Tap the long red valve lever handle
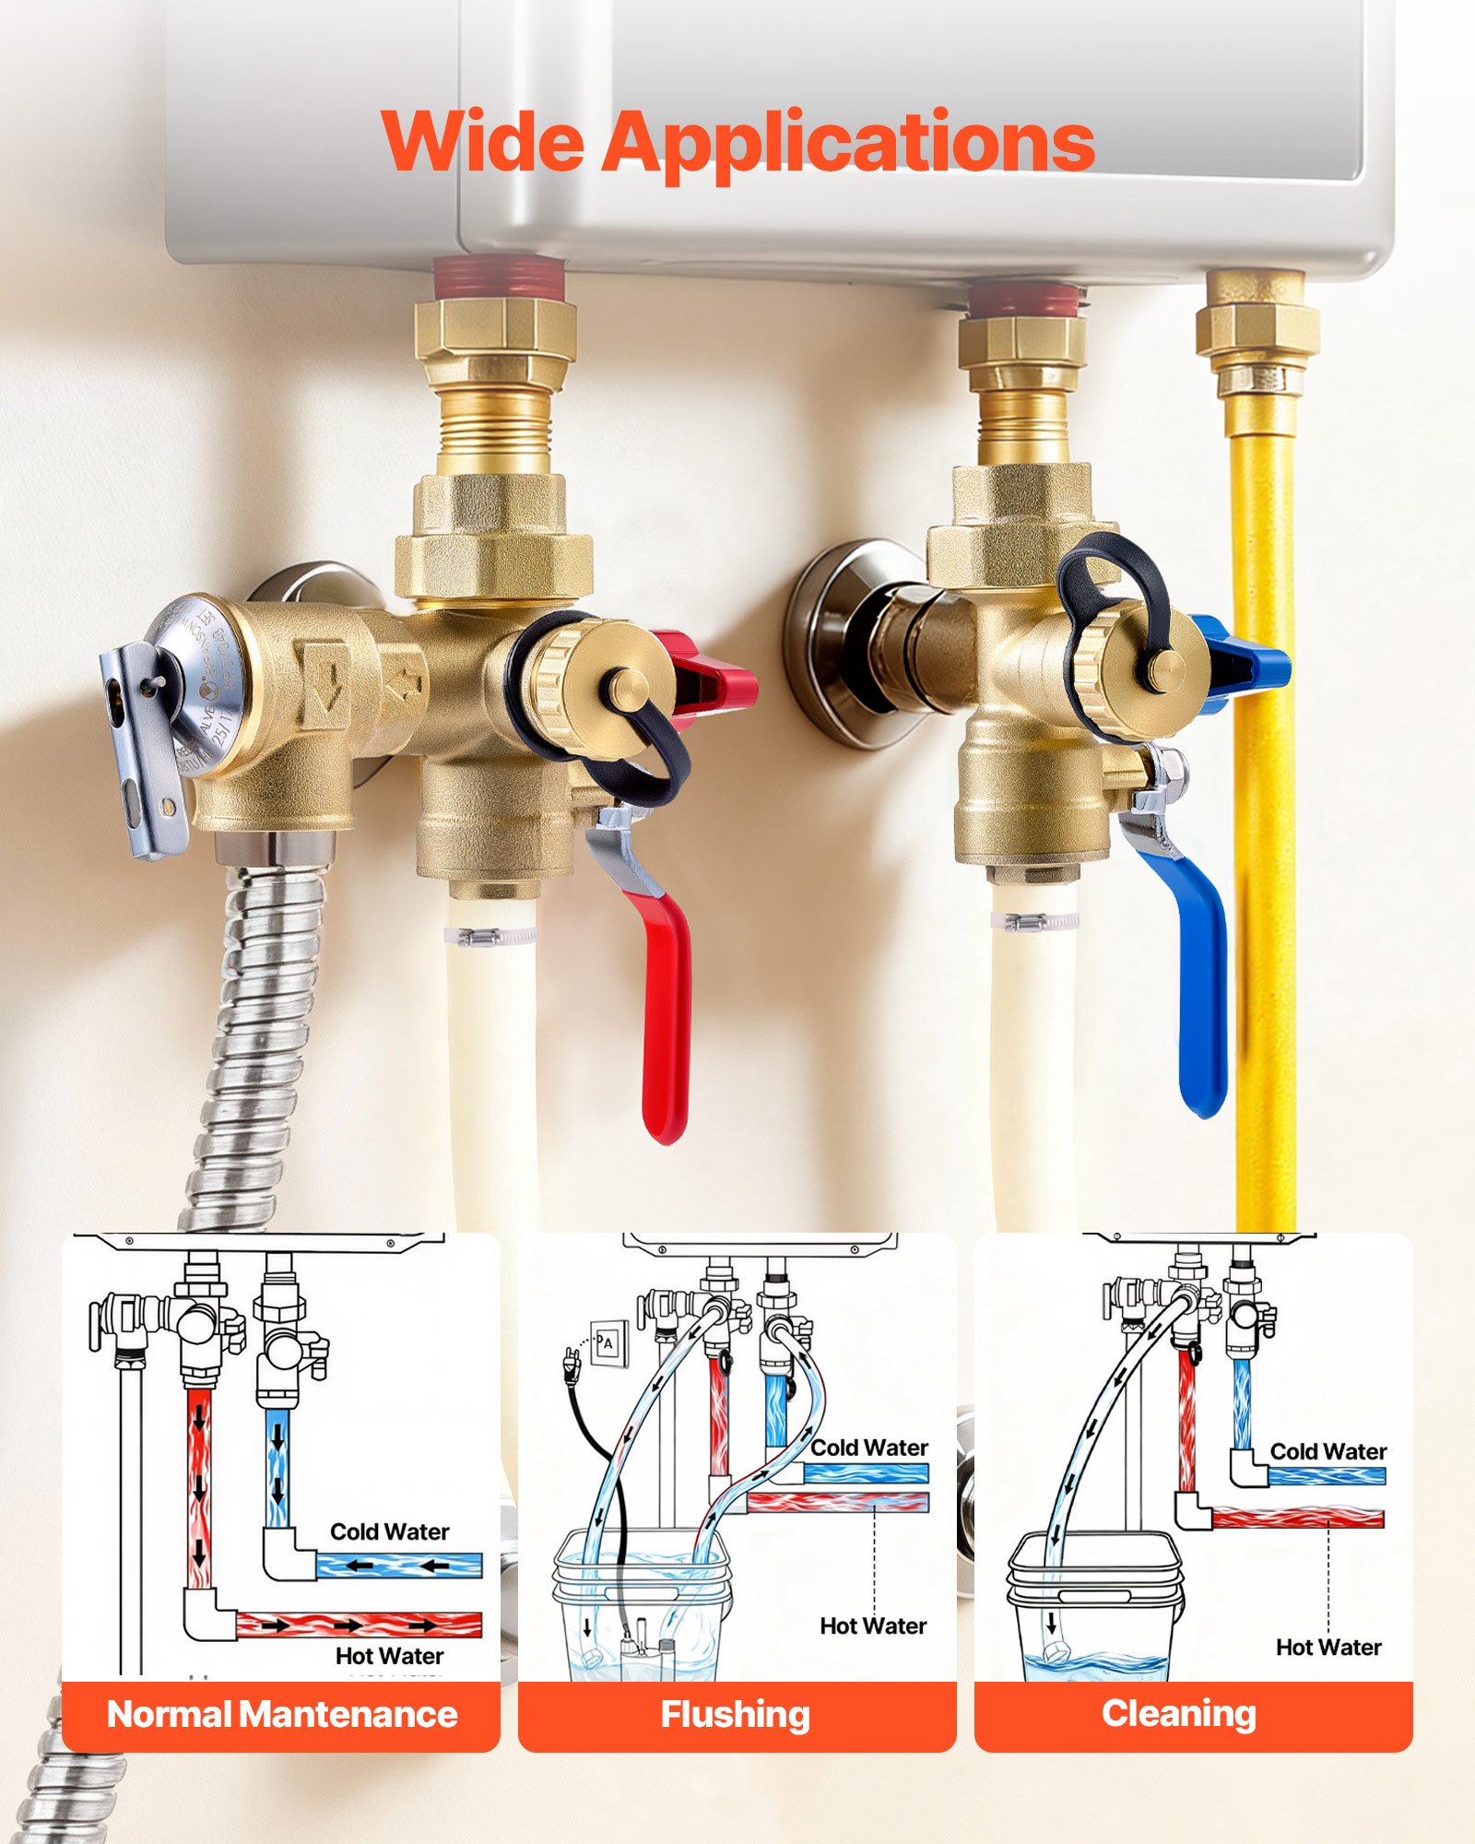666,1014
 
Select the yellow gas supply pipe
1263,830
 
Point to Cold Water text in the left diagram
389,1531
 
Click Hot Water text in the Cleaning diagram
1328,1647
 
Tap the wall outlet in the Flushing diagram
608,1343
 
